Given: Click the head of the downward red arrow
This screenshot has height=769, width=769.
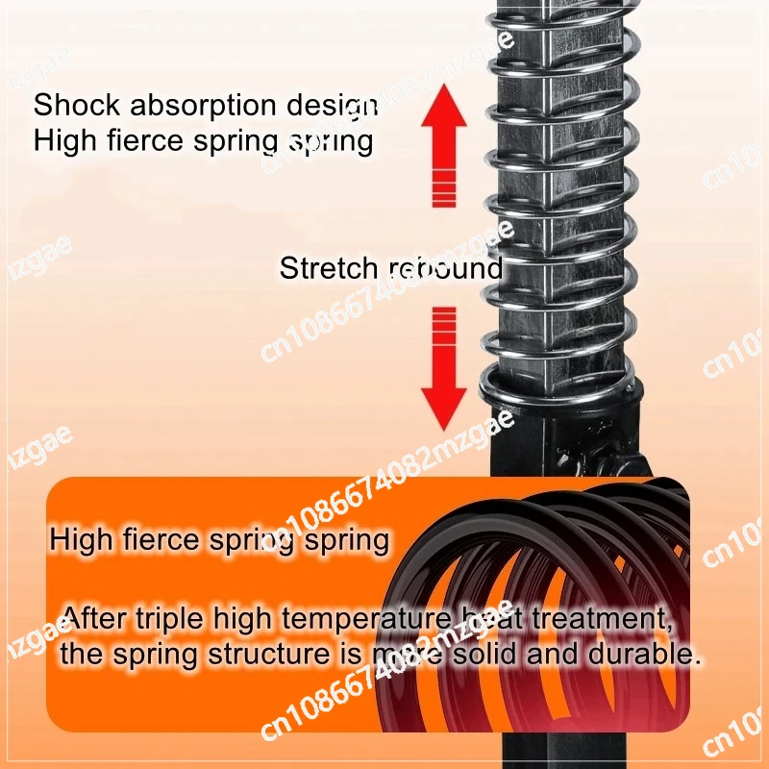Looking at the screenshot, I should tap(443, 403).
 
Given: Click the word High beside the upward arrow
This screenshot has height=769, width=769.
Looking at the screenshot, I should tap(63, 141).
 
